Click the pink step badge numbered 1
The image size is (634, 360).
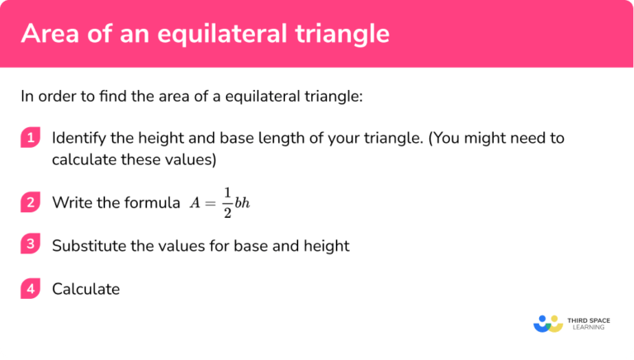coord(31,138)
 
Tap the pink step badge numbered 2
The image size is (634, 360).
coord(31,202)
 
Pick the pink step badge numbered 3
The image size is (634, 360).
coord(31,245)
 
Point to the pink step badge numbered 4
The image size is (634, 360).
coord(31,289)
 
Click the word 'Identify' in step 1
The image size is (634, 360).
coord(77,138)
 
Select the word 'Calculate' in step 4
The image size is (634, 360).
coord(86,289)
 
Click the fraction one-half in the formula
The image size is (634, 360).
coord(227,202)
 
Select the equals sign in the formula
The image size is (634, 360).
coord(211,202)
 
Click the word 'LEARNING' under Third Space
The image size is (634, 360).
coord(586,327)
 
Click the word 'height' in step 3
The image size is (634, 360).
coord(328,245)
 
